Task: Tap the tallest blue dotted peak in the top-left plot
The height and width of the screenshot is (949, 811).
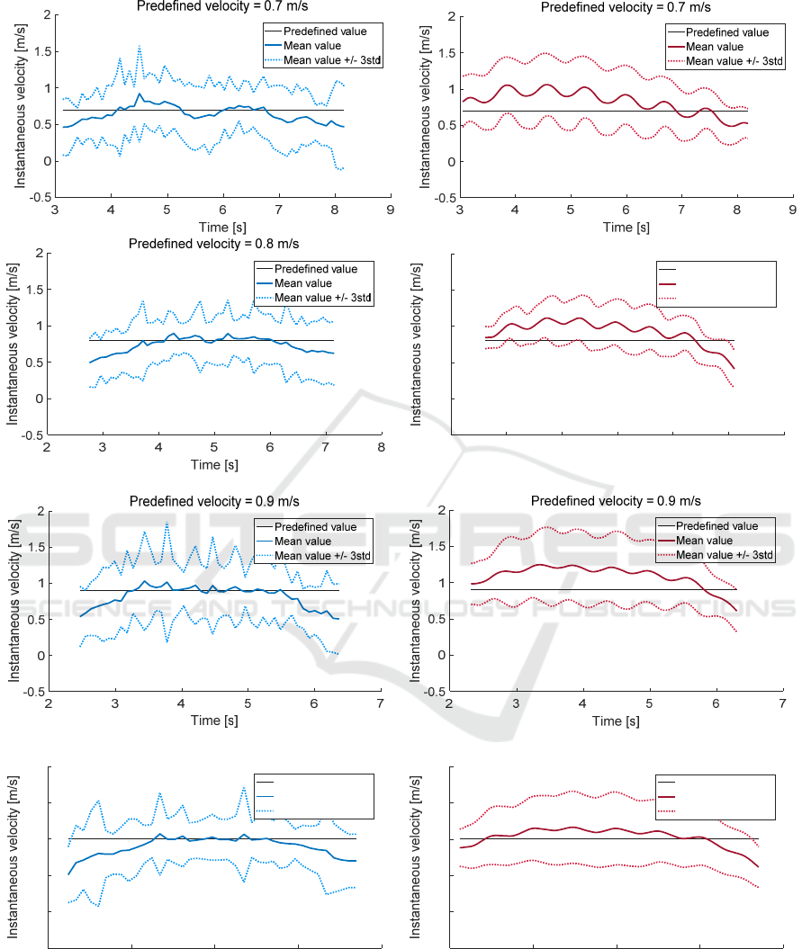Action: tap(140, 47)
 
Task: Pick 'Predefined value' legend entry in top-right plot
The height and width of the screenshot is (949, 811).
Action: tap(727, 32)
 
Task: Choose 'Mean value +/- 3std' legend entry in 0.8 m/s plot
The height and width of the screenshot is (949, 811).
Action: tap(323, 298)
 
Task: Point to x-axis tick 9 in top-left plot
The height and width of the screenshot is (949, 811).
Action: tap(390, 210)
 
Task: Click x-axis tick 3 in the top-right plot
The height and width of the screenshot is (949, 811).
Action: tap(460, 210)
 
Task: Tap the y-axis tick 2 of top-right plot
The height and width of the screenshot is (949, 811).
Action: tap(441, 15)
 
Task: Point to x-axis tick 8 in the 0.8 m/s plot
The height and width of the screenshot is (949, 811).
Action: tap(381, 447)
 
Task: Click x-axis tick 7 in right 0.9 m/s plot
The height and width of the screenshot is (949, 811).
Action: tap(782, 703)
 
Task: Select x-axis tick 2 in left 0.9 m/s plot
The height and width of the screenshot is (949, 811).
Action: tap(49, 703)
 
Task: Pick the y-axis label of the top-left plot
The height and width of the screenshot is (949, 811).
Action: tap(18, 106)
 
